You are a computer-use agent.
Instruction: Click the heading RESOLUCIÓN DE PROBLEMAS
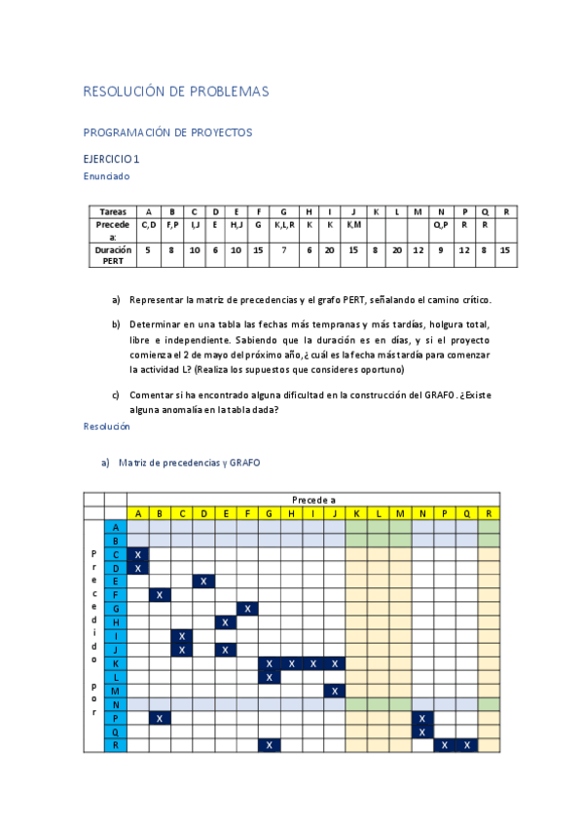pos(175,92)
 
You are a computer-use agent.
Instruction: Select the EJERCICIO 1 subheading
pos(112,159)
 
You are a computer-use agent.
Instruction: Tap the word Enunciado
pos(106,176)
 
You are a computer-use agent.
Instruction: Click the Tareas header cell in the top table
pos(113,211)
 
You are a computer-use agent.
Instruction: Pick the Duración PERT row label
pos(113,254)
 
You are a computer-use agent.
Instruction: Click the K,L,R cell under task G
pos(283,224)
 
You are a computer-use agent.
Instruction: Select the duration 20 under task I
pos(330,249)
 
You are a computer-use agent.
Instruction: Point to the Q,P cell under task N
pos(441,224)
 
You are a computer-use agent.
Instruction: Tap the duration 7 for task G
pos(283,249)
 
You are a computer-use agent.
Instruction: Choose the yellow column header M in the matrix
pos(401,513)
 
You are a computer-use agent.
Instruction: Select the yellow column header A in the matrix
pos(138,513)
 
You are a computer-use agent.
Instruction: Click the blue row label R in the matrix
pos(116,745)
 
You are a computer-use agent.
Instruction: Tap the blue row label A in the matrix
pos(116,527)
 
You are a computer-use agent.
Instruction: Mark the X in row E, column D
pos(204,582)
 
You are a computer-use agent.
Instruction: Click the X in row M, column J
pos(335,691)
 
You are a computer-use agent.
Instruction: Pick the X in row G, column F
pos(248,609)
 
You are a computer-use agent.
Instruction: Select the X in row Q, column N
pos(422,732)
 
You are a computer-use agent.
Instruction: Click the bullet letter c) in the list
pos(116,394)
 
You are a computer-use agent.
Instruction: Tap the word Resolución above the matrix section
pos(106,427)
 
